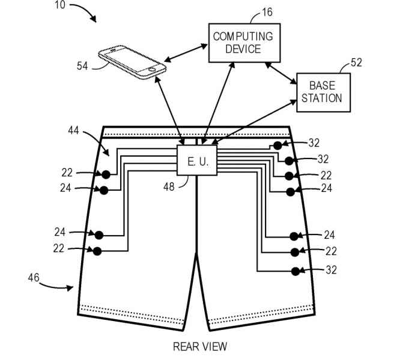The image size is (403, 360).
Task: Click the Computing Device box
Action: coord(243,42)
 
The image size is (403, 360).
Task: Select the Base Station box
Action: coord(322,91)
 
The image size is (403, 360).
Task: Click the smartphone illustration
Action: coord(132,61)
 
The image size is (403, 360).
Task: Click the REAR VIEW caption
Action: coord(201,346)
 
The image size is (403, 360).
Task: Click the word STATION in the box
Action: coord(322,97)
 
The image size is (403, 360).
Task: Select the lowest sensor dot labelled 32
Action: coord(295,271)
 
